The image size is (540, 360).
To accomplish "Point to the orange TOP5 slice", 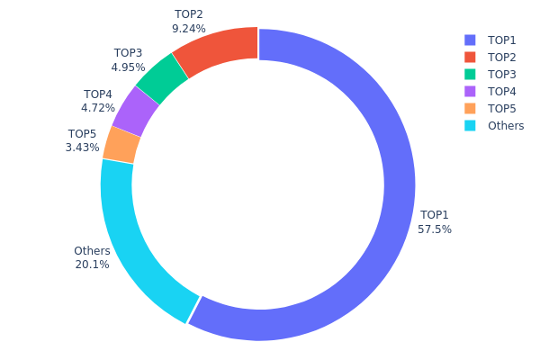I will tap(121, 144).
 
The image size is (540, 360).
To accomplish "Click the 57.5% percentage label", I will tap(435, 229).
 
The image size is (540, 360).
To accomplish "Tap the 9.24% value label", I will tap(189, 29).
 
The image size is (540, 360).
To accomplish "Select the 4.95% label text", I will tap(128, 67).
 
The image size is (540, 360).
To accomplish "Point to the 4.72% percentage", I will tap(98, 108).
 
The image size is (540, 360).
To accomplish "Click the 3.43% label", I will tap(82, 148).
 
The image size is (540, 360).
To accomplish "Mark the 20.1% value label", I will tap(92, 265).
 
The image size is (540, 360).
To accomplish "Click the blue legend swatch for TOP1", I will tap(470, 40).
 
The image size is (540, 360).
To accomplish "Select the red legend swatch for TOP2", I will tap(470, 57).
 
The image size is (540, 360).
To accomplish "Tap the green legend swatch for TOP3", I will tap(470, 74).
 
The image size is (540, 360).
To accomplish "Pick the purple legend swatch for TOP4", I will tap(470, 91).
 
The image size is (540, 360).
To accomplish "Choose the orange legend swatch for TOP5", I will tap(470, 108).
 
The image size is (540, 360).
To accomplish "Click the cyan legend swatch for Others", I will tap(470, 125).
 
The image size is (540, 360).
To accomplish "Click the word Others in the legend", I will tap(506, 126).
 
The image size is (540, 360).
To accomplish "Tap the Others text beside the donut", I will tap(92, 251).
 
